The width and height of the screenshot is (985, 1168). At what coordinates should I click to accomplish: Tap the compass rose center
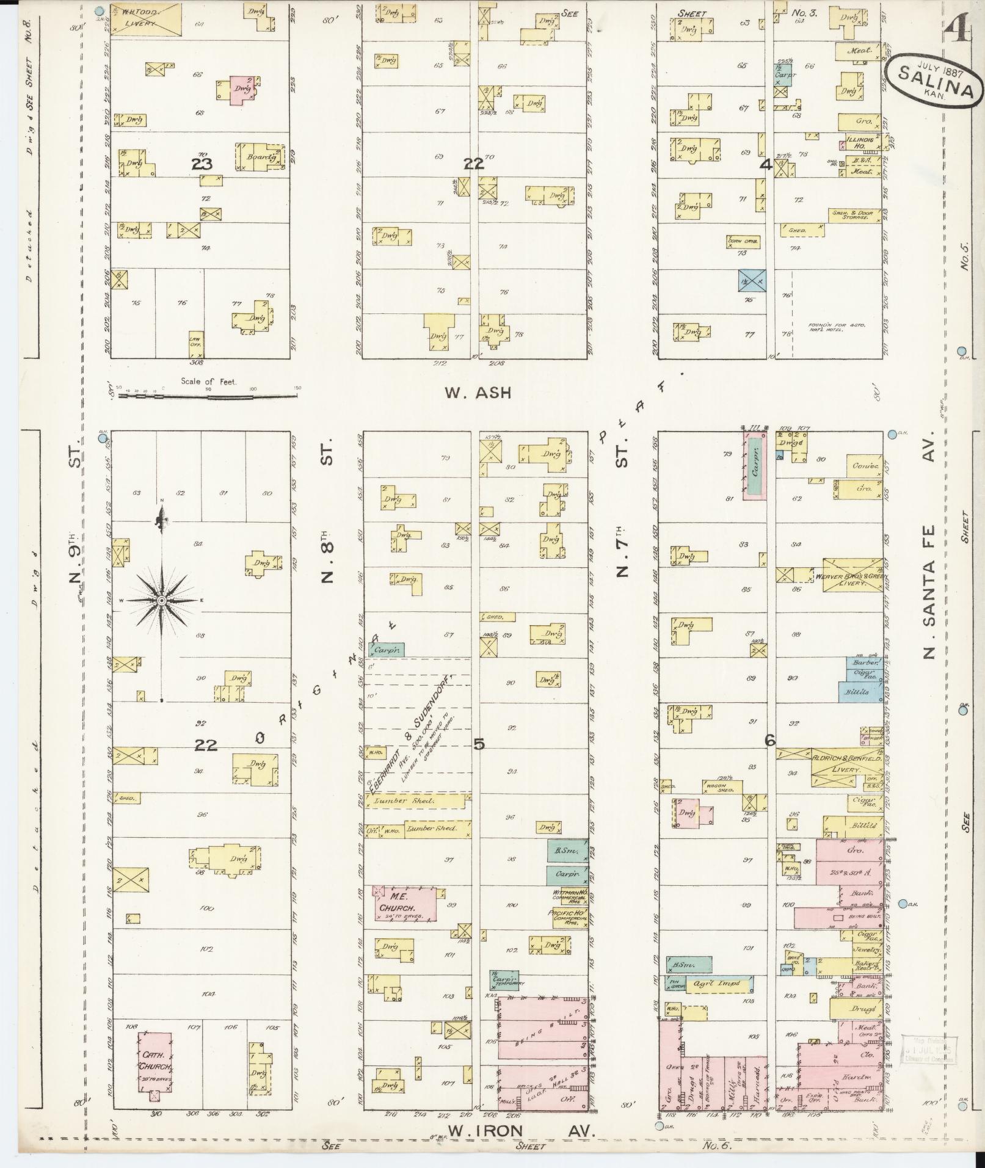(161, 601)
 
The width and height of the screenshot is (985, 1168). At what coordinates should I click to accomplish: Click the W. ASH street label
(477, 393)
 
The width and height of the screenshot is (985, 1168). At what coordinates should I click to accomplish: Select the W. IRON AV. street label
(521, 1131)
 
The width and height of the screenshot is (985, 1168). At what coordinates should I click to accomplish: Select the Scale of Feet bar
(208, 396)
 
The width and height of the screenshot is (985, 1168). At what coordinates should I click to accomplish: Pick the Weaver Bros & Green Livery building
(852, 575)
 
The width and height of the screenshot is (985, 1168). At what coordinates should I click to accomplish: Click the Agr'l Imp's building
(719, 984)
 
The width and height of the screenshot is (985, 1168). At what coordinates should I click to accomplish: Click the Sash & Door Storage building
(854, 214)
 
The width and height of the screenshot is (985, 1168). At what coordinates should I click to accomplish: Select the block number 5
(479, 744)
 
